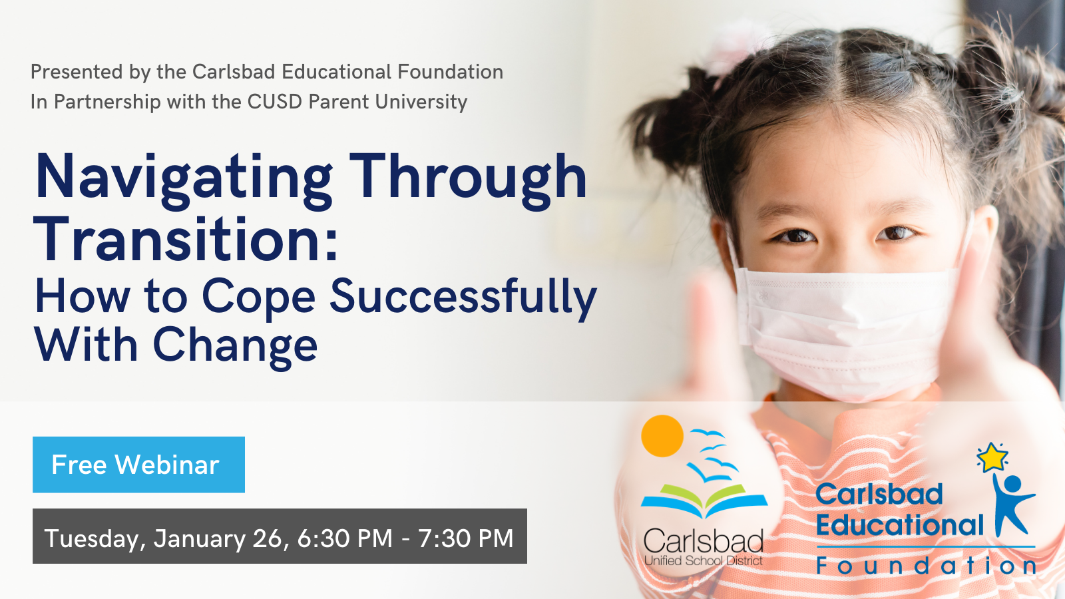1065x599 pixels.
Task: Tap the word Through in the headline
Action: click(469, 180)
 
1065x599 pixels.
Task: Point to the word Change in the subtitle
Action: click(235, 347)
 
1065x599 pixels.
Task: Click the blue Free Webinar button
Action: click(139, 465)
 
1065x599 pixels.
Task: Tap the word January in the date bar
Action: click(199, 538)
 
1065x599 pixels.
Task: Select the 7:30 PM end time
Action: click(465, 538)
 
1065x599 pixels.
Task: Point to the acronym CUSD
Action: click(275, 102)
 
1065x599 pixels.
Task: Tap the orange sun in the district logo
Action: click(662, 436)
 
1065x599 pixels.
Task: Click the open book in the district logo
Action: click(704, 500)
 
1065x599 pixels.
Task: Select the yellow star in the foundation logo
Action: click(992, 457)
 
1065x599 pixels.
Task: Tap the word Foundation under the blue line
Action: click(926, 566)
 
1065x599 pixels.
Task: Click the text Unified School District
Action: click(703, 560)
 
